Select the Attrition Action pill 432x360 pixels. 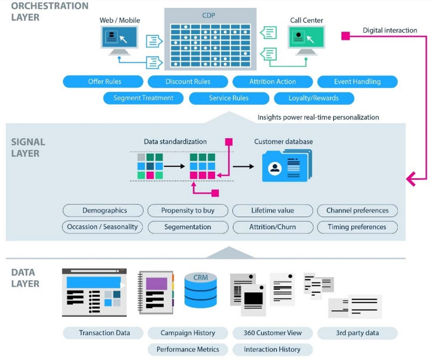[x=273, y=82]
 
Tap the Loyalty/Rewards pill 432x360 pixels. [x=314, y=98]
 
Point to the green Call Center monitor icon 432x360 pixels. [x=306, y=39]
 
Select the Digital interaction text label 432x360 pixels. [x=390, y=31]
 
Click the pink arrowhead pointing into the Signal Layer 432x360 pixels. [x=411, y=179]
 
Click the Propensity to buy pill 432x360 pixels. [x=187, y=211]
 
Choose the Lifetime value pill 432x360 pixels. [x=273, y=211]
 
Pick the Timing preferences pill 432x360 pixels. [x=357, y=227]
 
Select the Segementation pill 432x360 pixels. [x=187, y=227]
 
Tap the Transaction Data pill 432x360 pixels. [x=104, y=333]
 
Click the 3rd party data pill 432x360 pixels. [x=357, y=333]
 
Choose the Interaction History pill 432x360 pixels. [x=273, y=349]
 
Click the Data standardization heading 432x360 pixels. [x=175, y=142]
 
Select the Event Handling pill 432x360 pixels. [x=357, y=82]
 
